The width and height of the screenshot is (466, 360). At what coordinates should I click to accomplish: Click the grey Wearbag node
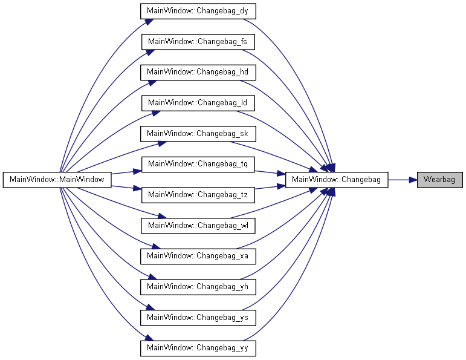(440, 180)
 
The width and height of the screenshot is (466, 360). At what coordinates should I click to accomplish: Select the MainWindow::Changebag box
(337, 180)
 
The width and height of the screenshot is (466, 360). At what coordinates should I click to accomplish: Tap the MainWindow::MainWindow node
(57, 180)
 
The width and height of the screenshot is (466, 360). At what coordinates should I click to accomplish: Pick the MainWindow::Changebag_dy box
(198, 11)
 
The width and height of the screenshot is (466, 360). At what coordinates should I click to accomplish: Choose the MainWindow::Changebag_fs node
(198, 42)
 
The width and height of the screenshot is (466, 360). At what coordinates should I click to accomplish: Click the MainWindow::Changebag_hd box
(198, 72)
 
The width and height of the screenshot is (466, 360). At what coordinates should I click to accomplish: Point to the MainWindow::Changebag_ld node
(198, 103)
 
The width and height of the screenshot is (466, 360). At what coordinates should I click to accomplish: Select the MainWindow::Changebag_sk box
(198, 134)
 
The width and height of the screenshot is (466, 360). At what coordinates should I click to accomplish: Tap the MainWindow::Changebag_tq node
(198, 164)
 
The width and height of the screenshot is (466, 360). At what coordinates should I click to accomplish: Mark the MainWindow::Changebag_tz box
(198, 195)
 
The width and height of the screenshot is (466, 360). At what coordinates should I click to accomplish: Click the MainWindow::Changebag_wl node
(198, 226)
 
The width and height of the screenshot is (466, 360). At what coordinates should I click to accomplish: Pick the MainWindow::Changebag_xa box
(198, 256)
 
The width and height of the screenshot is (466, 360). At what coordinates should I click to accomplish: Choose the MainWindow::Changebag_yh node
(198, 287)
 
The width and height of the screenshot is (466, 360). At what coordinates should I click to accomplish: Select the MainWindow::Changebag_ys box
(198, 318)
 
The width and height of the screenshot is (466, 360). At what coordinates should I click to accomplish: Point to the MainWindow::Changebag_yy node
(198, 348)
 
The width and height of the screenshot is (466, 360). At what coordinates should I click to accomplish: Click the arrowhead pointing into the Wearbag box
(413, 180)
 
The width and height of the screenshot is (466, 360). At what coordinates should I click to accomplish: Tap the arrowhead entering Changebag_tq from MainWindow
(137, 171)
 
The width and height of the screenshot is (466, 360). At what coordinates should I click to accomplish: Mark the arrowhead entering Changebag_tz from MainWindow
(137, 188)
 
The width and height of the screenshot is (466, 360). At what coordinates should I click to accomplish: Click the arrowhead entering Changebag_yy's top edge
(149, 338)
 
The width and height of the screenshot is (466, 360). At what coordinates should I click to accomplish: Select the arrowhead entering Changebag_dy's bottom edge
(149, 22)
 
